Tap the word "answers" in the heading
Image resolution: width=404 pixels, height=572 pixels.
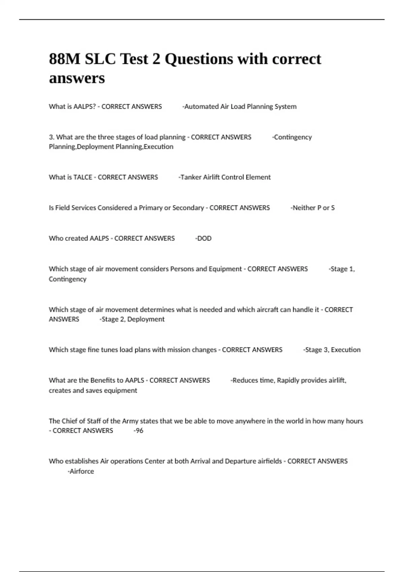click(x=77, y=78)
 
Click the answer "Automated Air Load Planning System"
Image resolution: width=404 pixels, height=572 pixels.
click(x=240, y=107)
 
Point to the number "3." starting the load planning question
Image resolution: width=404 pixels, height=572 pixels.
click(x=52, y=137)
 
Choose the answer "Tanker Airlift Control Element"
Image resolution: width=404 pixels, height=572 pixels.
click(x=225, y=177)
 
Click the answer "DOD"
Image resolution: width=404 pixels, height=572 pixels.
click(x=204, y=239)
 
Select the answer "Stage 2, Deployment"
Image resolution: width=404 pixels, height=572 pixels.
click(x=133, y=319)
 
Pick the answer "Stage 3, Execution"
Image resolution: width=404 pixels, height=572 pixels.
click(x=332, y=350)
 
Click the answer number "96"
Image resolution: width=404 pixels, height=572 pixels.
click(x=139, y=431)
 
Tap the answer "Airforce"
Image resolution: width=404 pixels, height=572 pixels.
click(x=81, y=471)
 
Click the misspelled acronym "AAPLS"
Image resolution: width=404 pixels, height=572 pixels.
click(x=134, y=381)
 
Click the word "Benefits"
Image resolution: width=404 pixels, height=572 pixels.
click(x=102, y=381)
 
